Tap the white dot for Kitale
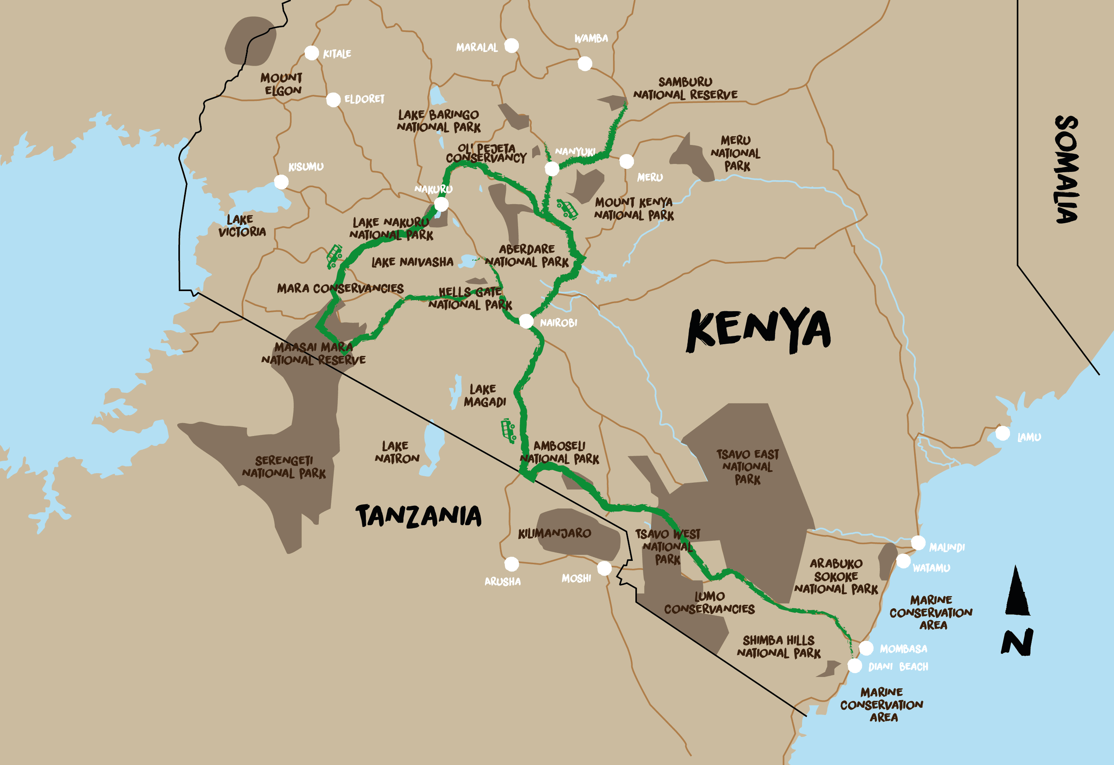point(312,53)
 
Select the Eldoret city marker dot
point(333,100)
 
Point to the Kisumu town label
point(306,167)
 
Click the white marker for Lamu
point(1002,433)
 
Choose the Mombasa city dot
point(866,648)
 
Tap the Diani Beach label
point(898,667)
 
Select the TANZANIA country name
point(418,516)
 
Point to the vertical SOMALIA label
point(1067,169)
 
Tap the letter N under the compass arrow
point(1017,642)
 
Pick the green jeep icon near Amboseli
point(508,430)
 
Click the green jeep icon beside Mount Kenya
point(567,209)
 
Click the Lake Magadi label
point(485,395)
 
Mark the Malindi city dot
point(918,543)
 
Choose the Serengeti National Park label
point(284,467)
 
